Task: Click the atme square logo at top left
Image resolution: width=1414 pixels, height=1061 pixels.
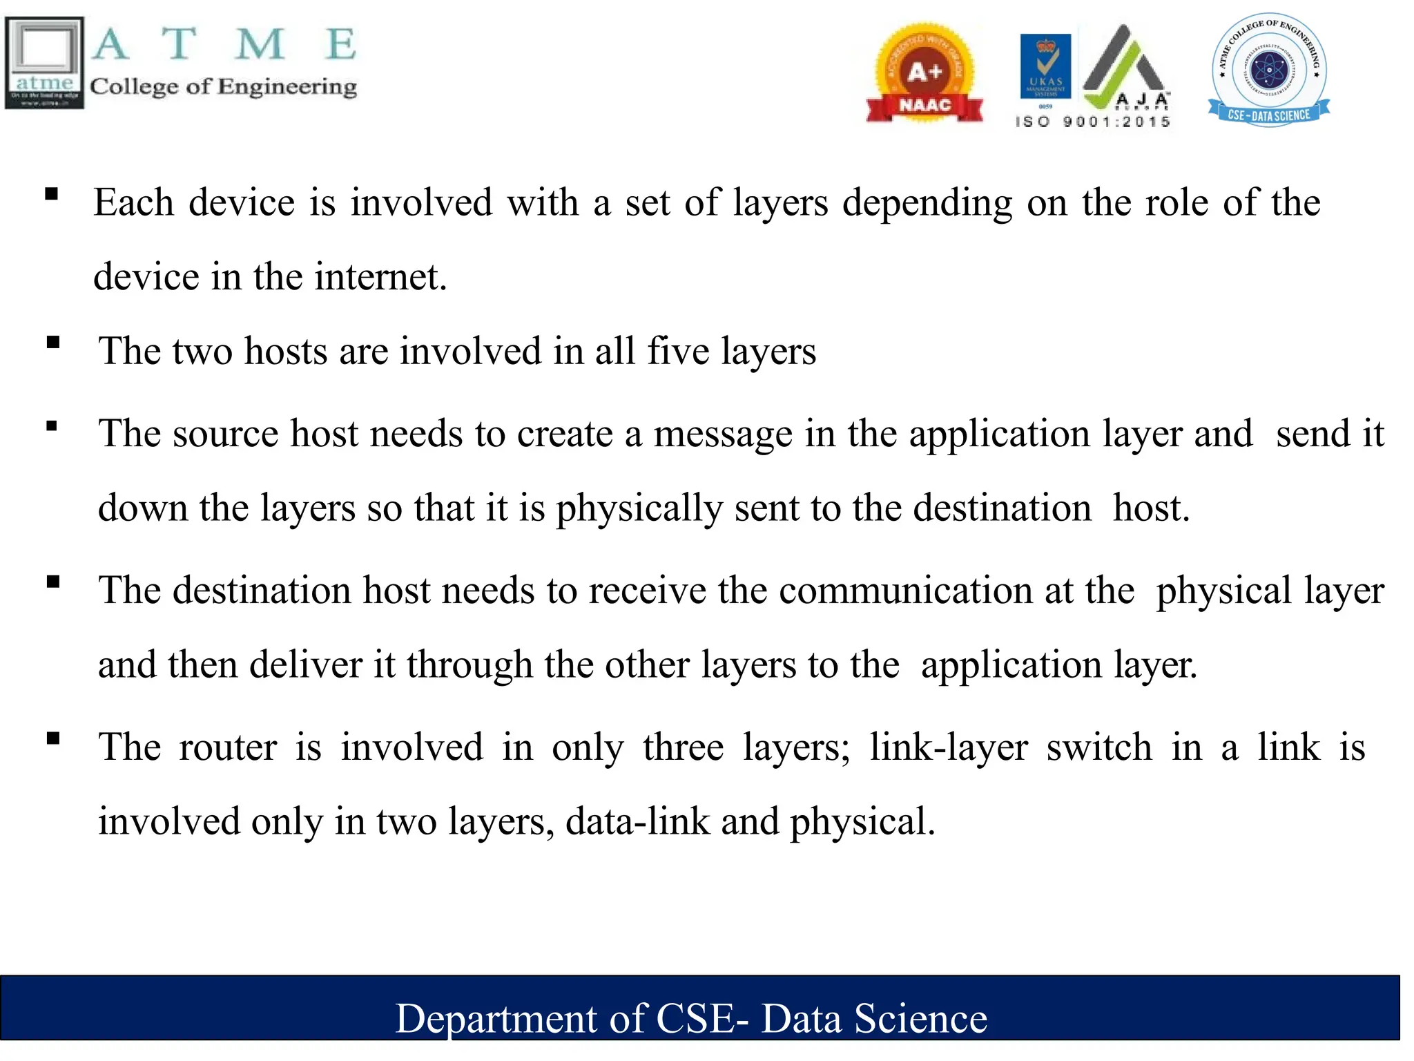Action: (x=45, y=63)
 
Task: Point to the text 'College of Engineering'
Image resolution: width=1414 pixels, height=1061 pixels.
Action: (x=223, y=86)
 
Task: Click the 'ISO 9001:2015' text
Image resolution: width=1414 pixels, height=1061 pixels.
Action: (x=1093, y=122)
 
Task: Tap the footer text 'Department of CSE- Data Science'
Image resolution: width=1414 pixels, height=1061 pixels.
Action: (x=691, y=1018)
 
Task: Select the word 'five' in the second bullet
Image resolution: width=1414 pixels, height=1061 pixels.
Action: (x=678, y=351)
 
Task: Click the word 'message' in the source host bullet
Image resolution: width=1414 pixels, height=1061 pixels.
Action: (x=723, y=434)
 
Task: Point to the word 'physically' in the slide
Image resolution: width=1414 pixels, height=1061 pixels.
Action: (x=639, y=508)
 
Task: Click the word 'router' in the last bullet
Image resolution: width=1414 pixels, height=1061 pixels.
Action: (x=228, y=747)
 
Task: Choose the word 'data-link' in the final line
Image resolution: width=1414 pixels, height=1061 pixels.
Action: (x=637, y=821)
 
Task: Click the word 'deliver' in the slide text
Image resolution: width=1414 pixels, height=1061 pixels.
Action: (x=305, y=665)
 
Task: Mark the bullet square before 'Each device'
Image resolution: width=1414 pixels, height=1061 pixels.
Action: (x=51, y=194)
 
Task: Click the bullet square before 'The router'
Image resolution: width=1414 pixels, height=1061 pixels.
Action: (x=53, y=738)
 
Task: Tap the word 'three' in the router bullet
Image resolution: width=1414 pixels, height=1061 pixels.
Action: (x=683, y=747)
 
